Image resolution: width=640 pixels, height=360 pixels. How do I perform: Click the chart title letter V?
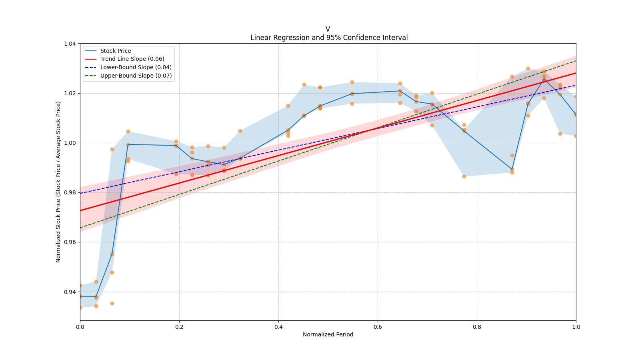click(x=328, y=29)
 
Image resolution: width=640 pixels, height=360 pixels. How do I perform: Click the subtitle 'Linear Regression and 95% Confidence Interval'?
click(x=329, y=38)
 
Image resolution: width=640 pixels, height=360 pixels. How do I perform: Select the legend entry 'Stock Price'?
click(x=116, y=51)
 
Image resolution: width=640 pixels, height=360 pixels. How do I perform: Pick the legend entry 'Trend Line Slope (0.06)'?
click(x=132, y=59)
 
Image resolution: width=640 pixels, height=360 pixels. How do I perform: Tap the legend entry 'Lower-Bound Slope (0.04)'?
click(x=136, y=67)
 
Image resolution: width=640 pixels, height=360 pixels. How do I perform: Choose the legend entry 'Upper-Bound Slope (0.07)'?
click(x=136, y=76)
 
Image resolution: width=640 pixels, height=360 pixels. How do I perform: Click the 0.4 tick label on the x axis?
click(x=278, y=327)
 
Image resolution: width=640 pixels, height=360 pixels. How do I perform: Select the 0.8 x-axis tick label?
click(x=477, y=327)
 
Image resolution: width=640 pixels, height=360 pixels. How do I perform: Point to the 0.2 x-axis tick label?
click(x=179, y=327)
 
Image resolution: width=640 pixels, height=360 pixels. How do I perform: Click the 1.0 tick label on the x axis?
click(x=576, y=327)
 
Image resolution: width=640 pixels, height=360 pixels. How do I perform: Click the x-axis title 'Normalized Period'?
click(x=328, y=334)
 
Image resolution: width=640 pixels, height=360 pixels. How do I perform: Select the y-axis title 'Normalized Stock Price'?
click(x=58, y=182)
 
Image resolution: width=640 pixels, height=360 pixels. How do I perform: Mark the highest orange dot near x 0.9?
click(x=528, y=68)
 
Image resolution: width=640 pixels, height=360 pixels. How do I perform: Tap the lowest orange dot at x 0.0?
click(x=80, y=308)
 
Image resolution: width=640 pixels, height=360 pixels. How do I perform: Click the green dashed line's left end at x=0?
click(x=80, y=228)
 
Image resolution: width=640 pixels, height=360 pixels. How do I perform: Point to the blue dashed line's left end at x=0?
click(x=80, y=193)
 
